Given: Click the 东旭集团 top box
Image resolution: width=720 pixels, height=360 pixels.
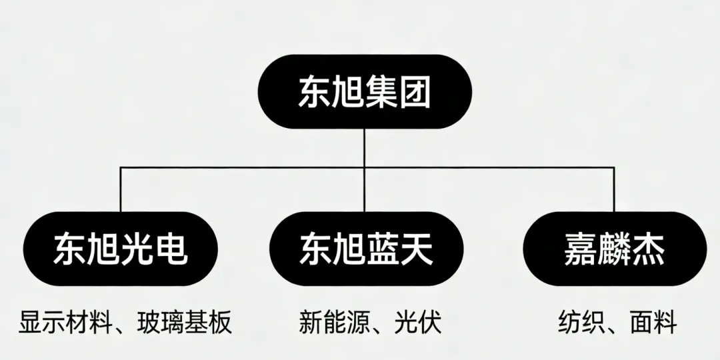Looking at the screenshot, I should pyautogui.click(x=364, y=92).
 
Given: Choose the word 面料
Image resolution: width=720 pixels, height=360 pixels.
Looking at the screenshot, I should pyautogui.click(x=653, y=323).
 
